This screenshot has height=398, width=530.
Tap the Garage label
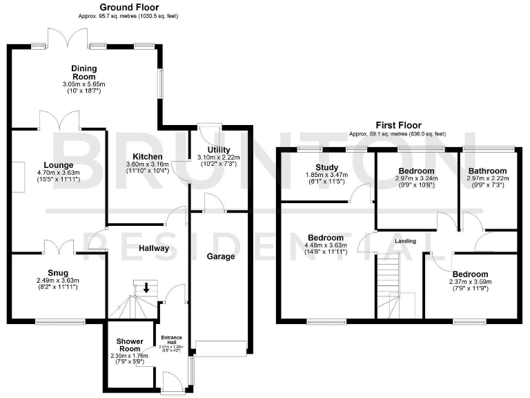point(222,256)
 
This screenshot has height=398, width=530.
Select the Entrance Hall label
point(170,339)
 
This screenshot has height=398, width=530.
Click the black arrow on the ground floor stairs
point(146,288)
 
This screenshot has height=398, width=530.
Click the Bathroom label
point(487,171)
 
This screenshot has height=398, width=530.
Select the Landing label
point(405,240)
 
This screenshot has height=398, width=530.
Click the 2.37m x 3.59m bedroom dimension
point(471,282)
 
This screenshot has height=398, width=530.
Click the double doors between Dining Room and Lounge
point(59,122)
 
